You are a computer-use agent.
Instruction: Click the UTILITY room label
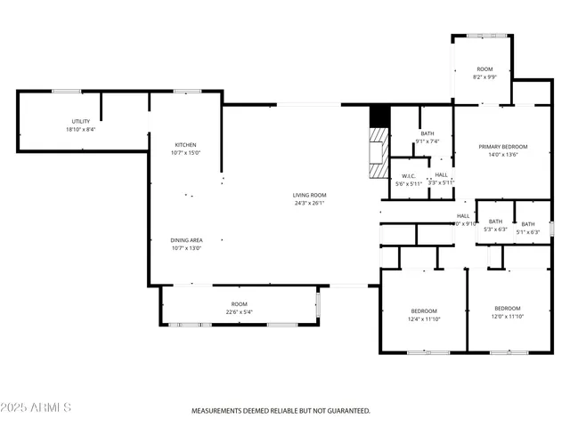point(80,121)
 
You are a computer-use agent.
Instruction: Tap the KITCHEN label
point(185,145)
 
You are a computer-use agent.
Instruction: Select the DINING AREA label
point(186,240)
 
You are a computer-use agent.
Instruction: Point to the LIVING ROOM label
point(310,195)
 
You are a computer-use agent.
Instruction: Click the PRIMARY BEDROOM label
point(502,147)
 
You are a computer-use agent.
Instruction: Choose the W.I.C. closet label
point(410,175)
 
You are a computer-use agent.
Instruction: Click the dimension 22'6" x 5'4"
point(239,312)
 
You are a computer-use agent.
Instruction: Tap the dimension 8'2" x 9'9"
point(484,77)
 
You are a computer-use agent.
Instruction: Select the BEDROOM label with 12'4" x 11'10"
point(423,310)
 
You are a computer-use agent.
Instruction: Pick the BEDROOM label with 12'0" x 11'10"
point(508,308)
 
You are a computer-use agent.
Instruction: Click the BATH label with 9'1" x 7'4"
point(427,133)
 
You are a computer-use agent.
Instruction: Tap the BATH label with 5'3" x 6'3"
point(495,222)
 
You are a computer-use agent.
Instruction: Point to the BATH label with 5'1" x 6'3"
point(528,224)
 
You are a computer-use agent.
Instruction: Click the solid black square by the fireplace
point(379,116)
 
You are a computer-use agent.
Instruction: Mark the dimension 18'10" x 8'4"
point(80,130)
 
